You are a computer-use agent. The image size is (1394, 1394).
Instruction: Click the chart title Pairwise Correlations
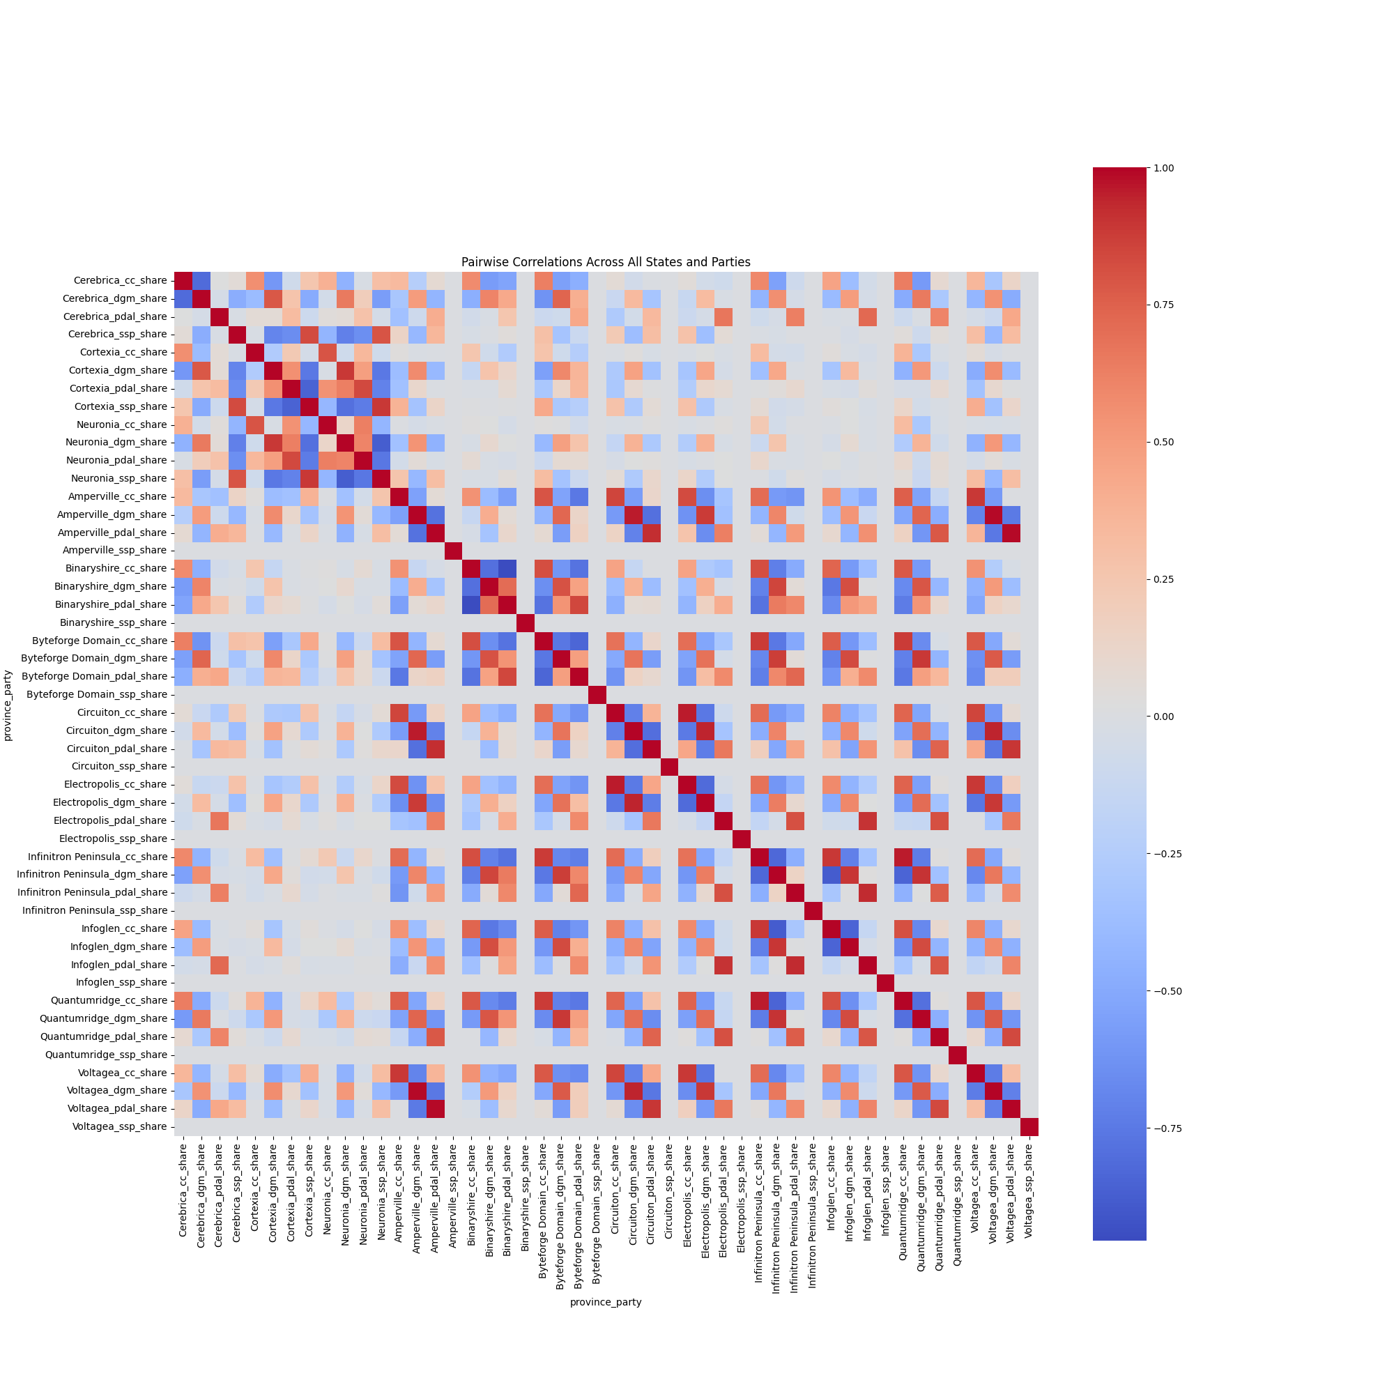point(606,263)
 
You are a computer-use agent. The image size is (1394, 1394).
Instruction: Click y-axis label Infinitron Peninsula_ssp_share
point(95,910)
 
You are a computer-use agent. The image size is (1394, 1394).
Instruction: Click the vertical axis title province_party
point(8,703)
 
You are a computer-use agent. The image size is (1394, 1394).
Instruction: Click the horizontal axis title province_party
point(606,1303)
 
